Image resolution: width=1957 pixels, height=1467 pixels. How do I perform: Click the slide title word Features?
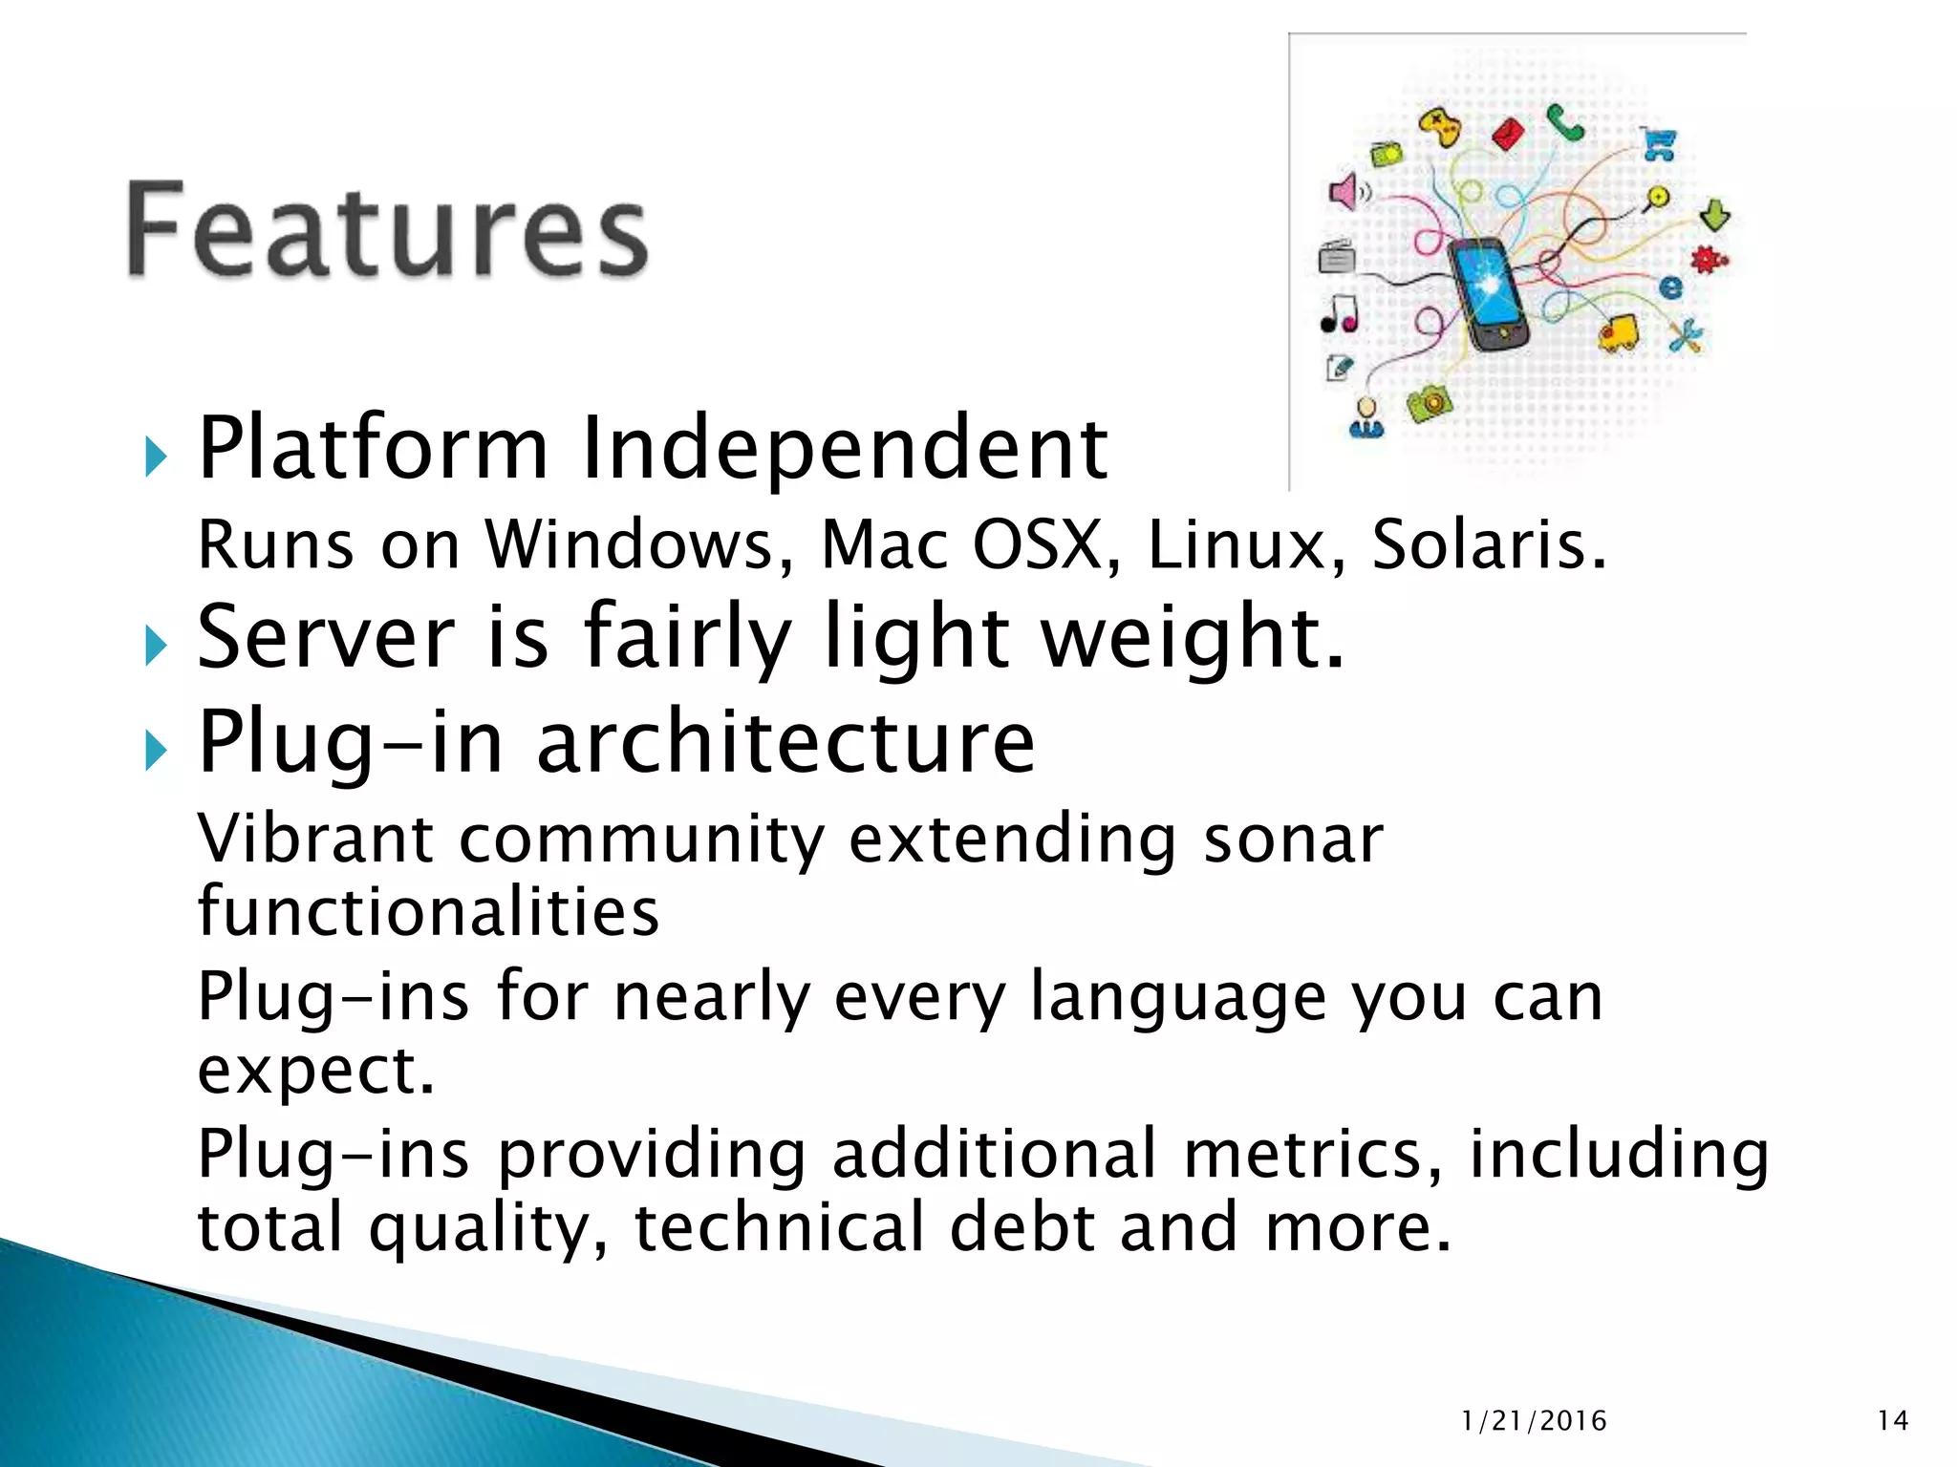387,232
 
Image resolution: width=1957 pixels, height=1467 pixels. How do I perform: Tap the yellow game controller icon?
1440,128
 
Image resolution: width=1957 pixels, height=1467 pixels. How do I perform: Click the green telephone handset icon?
1565,123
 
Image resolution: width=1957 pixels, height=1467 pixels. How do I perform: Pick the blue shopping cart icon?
1660,145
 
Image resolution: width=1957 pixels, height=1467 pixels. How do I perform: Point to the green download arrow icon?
1715,215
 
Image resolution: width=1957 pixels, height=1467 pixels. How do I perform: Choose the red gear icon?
1708,259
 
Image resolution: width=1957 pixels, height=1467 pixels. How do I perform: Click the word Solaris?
1489,544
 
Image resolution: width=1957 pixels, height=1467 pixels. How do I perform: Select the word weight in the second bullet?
1193,637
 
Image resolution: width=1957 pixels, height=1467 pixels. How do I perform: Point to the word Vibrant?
315,840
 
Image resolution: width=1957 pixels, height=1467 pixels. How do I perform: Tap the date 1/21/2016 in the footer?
1534,1421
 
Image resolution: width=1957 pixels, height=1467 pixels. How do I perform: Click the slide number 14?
1892,1421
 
